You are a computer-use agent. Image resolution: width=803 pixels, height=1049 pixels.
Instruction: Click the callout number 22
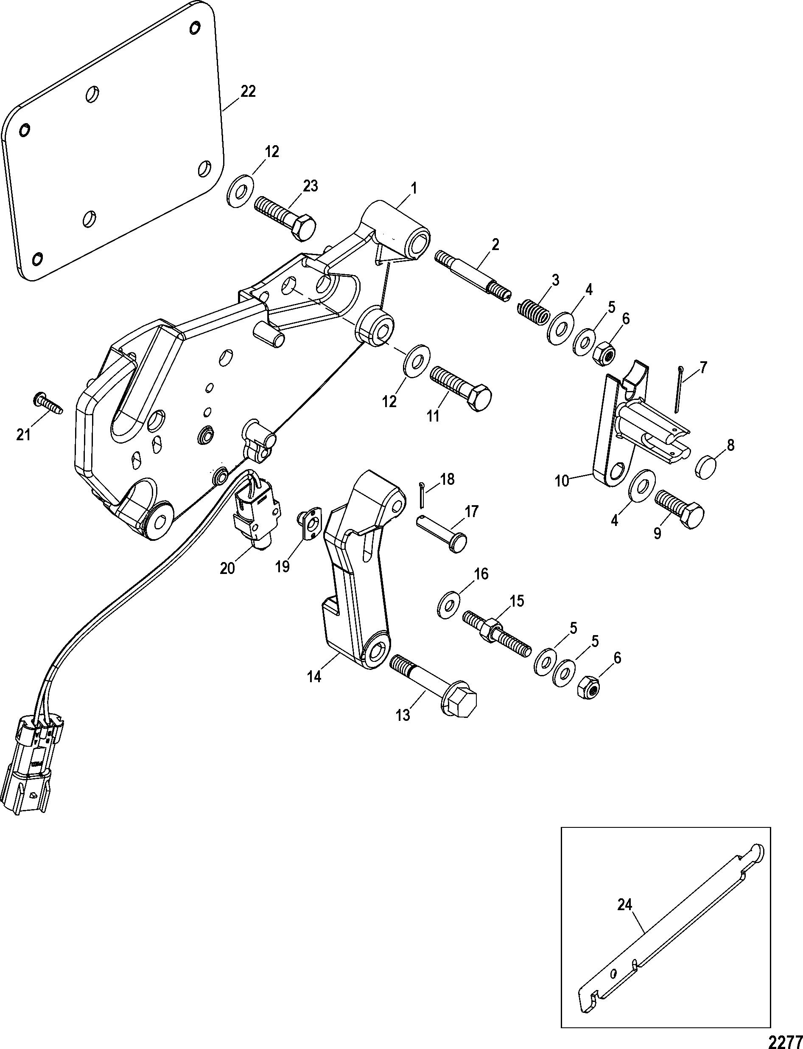[248, 91]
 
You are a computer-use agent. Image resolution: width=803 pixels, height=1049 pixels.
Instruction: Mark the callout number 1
[414, 188]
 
